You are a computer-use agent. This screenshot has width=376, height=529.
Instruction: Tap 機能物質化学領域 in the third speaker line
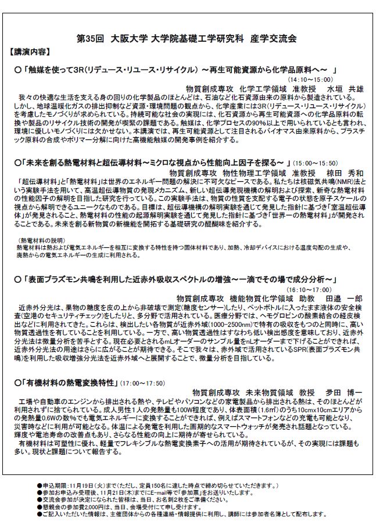[260, 297]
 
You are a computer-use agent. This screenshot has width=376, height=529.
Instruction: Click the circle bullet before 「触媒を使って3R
[17, 70]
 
